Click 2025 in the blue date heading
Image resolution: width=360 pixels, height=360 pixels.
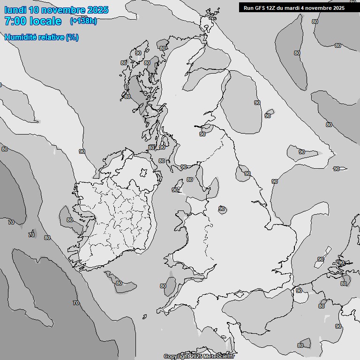(x=97, y=10)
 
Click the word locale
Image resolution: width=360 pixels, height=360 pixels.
(x=45, y=22)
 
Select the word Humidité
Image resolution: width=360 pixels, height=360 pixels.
(x=20, y=37)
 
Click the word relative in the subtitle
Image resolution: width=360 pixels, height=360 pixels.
(x=51, y=37)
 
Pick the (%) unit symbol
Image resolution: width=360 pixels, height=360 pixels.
(x=72, y=37)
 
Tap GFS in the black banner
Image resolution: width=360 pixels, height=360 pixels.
(x=260, y=8)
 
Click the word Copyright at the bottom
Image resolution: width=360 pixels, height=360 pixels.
(x=176, y=357)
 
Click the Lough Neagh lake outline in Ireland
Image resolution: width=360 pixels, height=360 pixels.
(x=143, y=173)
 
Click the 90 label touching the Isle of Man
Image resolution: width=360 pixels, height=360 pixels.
(x=175, y=190)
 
